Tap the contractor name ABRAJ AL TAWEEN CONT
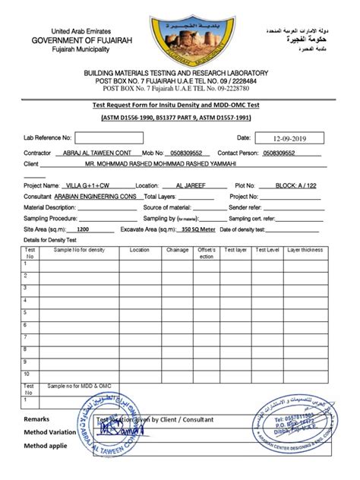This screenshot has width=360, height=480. pyautogui.click(x=95, y=153)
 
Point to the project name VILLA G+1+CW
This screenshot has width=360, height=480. pyautogui.click(x=89, y=185)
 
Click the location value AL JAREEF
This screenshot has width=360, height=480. pyautogui.click(x=189, y=185)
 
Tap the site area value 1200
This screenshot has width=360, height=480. pyautogui.click(x=84, y=229)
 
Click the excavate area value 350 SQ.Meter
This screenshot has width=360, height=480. pyautogui.click(x=198, y=229)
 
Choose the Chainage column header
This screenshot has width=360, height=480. pyautogui.click(x=177, y=249)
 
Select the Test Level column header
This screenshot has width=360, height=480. pyautogui.click(x=268, y=249)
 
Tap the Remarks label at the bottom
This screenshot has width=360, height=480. pyautogui.click(x=38, y=419)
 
